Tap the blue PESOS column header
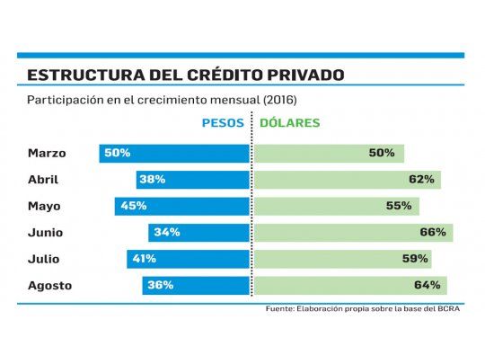pos(225,122)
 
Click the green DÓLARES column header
pos(290,122)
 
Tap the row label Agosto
pos(49,286)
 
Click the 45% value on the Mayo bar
pos(133,206)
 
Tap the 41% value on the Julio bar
pos(144,259)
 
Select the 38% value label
pos(152,179)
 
